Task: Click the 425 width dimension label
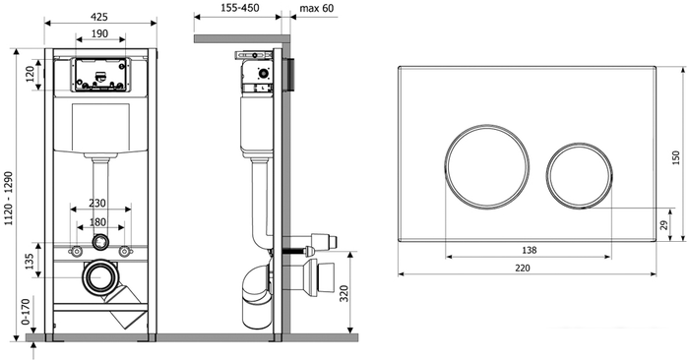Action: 99,17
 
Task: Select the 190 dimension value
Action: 100,33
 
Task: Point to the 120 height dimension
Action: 31,74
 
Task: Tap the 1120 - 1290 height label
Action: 9,199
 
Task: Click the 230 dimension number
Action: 97,204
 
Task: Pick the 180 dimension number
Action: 97,222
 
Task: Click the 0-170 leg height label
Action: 26,312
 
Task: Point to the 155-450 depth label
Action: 239,8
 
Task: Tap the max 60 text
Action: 317,8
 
